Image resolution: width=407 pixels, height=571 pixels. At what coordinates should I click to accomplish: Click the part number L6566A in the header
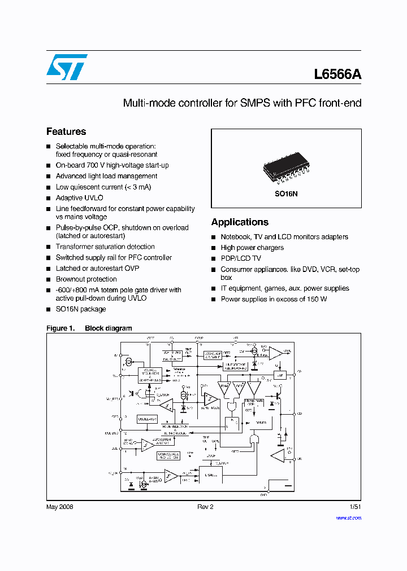[x=337, y=74]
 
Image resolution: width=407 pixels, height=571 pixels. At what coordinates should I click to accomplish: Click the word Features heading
[x=66, y=131]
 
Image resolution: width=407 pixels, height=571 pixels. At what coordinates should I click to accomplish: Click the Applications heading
[x=240, y=222]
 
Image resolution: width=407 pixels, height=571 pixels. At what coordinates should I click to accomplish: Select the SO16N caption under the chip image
[x=287, y=192]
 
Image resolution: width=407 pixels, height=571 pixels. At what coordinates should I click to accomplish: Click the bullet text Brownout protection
[x=86, y=279]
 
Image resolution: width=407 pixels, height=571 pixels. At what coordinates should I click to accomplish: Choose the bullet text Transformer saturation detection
[x=105, y=247]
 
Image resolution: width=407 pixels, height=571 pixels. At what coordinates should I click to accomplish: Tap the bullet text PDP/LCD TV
[x=241, y=258]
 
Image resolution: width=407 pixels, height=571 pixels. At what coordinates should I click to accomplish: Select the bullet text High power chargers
[x=252, y=248]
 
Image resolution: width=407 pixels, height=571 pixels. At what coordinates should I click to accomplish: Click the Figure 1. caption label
[x=60, y=328]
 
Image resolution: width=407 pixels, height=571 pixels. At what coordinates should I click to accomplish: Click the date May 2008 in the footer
[x=59, y=507]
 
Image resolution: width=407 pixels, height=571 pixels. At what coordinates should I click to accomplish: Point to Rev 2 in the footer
[x=205, y=507]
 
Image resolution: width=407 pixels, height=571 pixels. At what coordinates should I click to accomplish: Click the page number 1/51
[x=356, y=507]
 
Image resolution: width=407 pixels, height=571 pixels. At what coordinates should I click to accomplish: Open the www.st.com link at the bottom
[x=348, y=517]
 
